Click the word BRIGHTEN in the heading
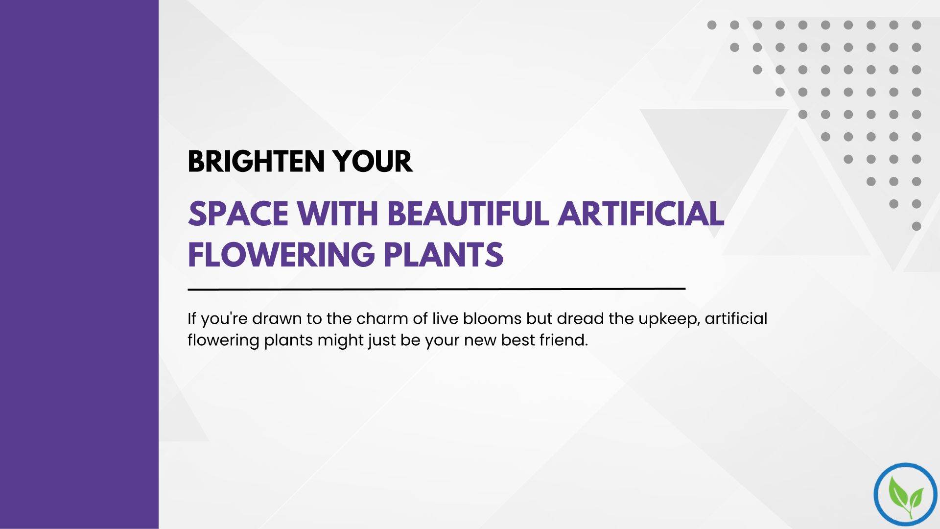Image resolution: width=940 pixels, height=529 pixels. click(256, 162)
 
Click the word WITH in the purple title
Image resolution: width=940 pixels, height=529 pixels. click(338, 214)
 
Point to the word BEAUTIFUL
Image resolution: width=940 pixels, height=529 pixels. click(468, 214)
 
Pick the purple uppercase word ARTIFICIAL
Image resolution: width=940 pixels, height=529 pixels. click(641, 214)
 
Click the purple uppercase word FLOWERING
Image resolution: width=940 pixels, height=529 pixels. click(282, 255)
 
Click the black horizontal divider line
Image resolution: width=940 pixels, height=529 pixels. click(437, 289)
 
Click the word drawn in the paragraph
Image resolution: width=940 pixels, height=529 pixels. click(277, 319)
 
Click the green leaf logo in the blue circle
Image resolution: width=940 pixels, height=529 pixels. click(905, 495)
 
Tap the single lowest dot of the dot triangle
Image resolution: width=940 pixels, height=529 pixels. click(916, 226)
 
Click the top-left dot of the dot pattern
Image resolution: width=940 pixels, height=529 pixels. click(712, 25)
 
